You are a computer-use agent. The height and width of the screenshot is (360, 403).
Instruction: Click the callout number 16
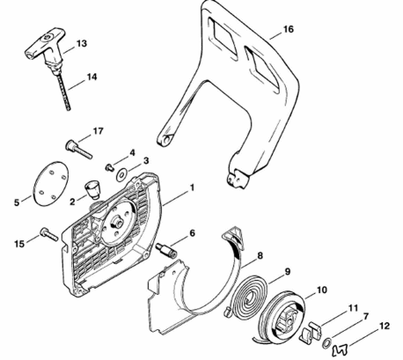[x=289, y=29]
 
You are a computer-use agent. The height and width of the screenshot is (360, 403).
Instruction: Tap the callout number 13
[x=82, y=44]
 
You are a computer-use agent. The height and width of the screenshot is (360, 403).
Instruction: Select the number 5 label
[x=17, y=202]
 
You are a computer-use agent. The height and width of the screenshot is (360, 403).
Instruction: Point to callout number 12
[x=385, y=326]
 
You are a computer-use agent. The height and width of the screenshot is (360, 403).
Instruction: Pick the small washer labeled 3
[x=121, y=175]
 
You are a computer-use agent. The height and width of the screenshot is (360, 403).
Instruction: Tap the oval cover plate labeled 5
[x=50, y=183]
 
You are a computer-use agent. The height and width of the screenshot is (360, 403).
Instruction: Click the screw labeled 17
[x=78, y=150]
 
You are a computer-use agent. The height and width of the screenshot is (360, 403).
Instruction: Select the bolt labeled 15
[x=49, y=234]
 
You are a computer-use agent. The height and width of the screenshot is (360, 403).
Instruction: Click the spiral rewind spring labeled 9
[x=246, y=295]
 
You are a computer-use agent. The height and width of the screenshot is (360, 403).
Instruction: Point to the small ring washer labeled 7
[x=327, y=342]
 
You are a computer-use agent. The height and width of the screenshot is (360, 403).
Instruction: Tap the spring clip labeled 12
[x=340, y=349]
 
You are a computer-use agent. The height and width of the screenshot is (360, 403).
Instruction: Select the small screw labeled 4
[x=109, y=167]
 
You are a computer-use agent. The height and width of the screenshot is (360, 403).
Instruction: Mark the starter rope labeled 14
[x=62, y=92]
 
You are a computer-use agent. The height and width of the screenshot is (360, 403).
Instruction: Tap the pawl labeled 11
[x=311, y=332]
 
